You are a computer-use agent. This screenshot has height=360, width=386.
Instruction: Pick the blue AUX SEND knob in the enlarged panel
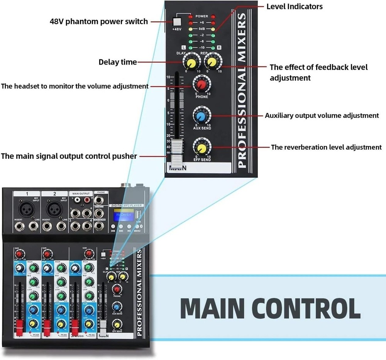click(201, 116)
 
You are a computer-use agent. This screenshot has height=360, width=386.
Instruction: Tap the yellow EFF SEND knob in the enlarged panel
click(201, 148)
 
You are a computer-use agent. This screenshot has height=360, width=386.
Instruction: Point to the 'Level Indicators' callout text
click(294, 7)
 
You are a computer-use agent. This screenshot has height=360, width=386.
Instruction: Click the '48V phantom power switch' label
click(99, 21)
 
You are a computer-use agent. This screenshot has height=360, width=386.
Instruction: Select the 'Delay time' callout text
click(117, 62)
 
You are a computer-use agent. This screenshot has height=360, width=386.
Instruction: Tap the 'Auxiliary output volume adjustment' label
click(322, 115)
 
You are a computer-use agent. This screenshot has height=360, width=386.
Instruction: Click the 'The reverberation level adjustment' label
click(326, 147)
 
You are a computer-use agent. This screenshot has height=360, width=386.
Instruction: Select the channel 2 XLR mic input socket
click(54, 210)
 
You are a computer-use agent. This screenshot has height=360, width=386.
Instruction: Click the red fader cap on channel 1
click(18, 326)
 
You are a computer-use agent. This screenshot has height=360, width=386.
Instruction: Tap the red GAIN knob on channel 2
click(47, 254)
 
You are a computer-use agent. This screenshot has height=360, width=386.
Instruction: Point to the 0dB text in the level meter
click(201, 29)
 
